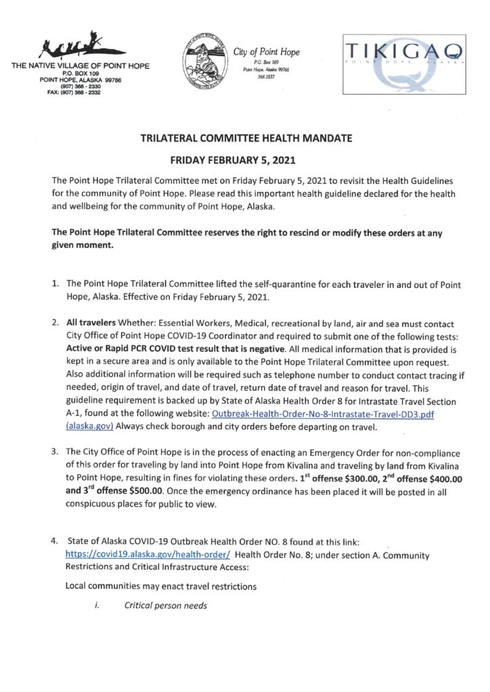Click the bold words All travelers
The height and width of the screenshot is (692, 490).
(x=89, y=324)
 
